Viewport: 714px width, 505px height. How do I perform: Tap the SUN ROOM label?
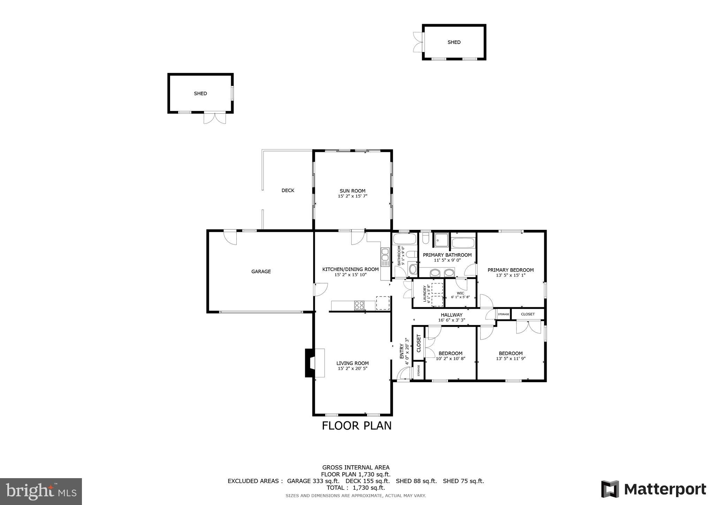[x=352, y=191]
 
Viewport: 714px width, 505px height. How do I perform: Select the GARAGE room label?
[x=261, y=271]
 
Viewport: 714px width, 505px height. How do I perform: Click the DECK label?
[x=288, y=190]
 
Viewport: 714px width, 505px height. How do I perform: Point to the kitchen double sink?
[x=385, y=257]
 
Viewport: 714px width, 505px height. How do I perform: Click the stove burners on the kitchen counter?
[x=359, y=305]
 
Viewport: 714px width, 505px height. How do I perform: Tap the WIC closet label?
[x=460, y=293]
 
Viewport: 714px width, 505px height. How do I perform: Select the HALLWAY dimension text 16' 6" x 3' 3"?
[x=451, y=320]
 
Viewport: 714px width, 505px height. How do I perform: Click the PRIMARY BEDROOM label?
[x=510, y=270]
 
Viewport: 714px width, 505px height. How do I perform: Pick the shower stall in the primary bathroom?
[x=441, y=240]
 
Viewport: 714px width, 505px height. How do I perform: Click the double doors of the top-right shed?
[x=418, y=42]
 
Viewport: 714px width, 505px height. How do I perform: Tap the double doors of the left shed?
[x=215, y=118]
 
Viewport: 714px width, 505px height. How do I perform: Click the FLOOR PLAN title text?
[x=356, y=426]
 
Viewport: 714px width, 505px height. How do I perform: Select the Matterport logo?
[x=653, y=489]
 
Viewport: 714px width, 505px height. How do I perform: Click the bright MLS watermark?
[x=41, y=492]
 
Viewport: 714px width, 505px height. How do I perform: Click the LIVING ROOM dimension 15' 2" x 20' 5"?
[x=352, y=369]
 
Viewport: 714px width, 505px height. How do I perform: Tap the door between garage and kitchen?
[x=320, y=289]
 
